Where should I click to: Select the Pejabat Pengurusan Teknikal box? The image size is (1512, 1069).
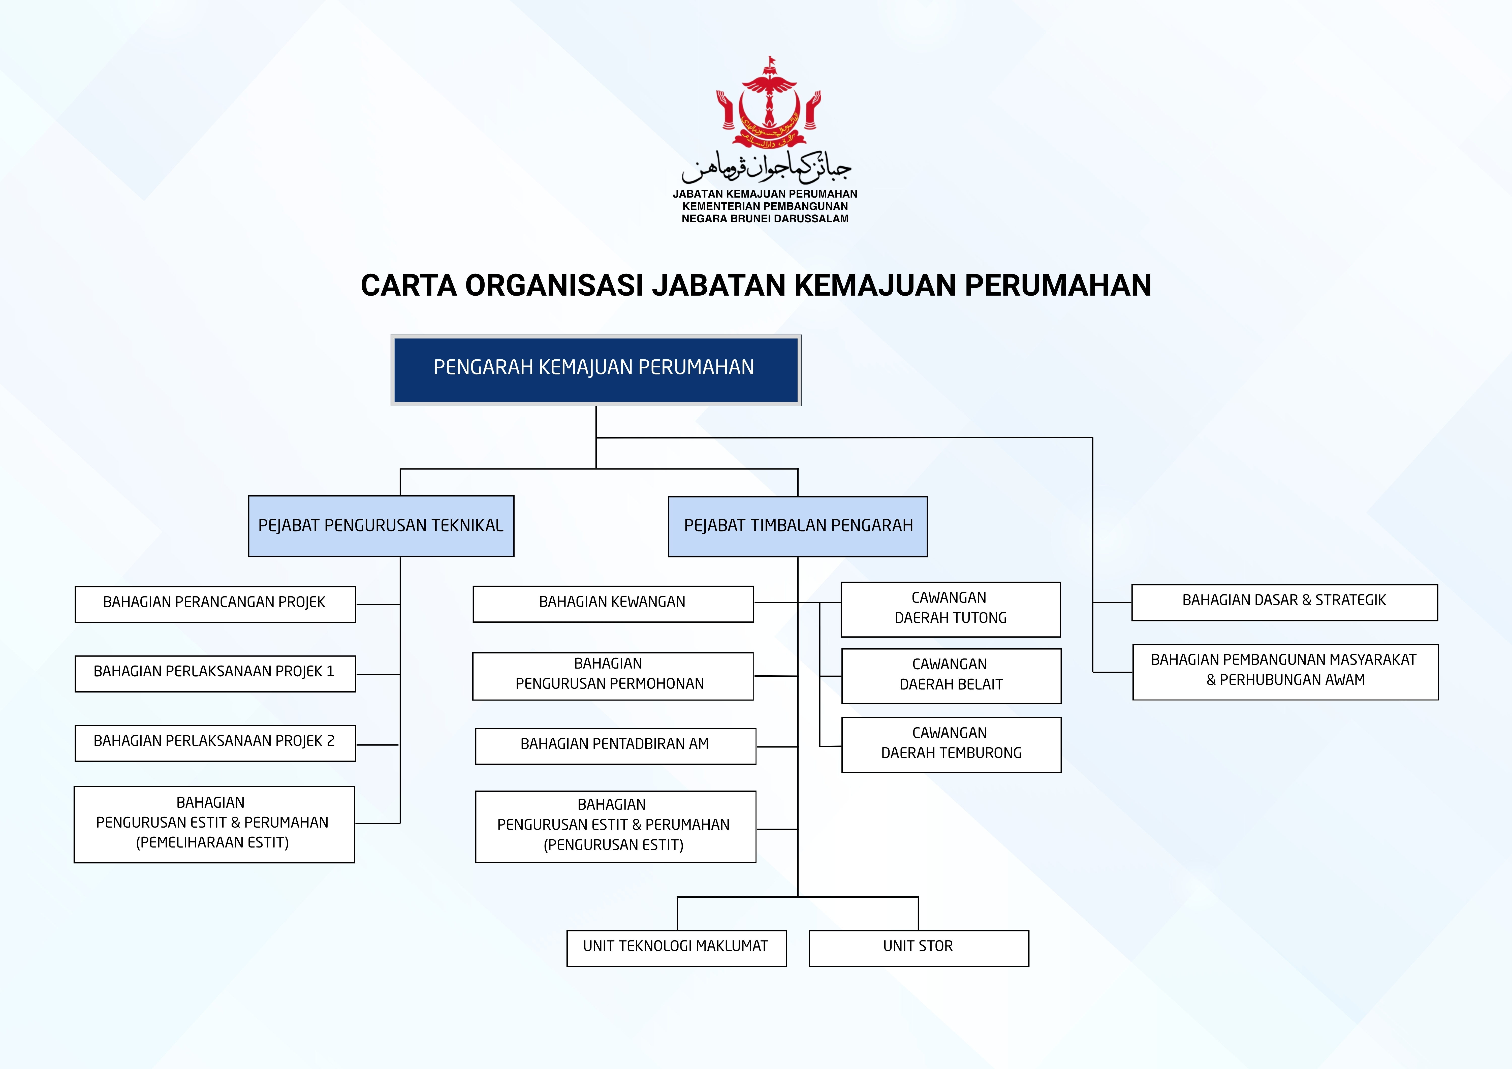[381, 526]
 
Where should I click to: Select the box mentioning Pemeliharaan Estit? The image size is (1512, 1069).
[214, 824]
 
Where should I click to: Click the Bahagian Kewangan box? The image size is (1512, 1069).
[612, 603]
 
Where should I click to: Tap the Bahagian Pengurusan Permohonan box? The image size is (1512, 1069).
[612, 676]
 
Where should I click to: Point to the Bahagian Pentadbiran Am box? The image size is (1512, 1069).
[615, 746]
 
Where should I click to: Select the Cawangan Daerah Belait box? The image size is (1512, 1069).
[951, 676]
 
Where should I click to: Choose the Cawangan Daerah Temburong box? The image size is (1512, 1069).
[951, 744]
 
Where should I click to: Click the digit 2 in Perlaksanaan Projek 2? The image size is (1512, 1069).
[331, 741]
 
